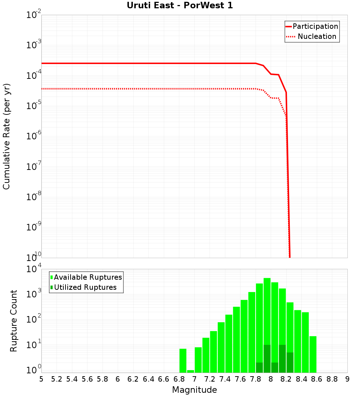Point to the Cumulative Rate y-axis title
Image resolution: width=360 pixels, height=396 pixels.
pyautogui.click(x=6, y=136)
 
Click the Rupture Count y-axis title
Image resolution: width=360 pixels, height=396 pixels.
pyautogui.click(x=14, y=321)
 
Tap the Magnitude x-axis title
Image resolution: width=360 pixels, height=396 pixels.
pyautogui.click(x=194, y=390)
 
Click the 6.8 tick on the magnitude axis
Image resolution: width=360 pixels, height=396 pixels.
pyautogui.click(x=179, y=379)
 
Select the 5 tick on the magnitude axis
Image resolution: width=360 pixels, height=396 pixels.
pyautogui.click(x=41, y=379)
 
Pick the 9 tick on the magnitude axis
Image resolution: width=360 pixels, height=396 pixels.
pyautogui.click(x=347, y=379)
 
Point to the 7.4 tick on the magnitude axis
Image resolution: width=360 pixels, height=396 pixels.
pyautogui.click(x=225, y=379)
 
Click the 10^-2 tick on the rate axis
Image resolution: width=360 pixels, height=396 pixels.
pyautogui.click(x=34, y=15)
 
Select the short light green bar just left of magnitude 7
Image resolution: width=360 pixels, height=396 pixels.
pyautogui.click(x=190, y=371)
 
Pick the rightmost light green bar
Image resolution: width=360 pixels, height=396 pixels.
pyautogui.click(x=313, y=354)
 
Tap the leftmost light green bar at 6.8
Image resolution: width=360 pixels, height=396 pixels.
pyautogui.click(x=183, y=360)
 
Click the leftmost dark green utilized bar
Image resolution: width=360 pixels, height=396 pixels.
pyautogui.click(x=259, y=368)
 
